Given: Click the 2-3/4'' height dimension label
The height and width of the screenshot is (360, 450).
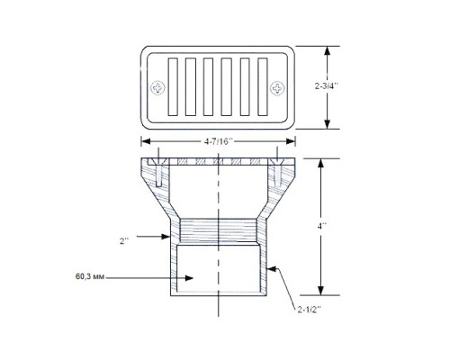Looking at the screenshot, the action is [326, 86].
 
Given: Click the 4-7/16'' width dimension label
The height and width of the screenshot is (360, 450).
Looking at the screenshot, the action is [219, 141].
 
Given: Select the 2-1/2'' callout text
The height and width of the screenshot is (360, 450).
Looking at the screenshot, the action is [310, 310].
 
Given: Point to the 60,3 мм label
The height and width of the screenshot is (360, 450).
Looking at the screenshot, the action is [90, 276].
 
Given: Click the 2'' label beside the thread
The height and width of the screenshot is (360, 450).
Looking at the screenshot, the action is [124, 240].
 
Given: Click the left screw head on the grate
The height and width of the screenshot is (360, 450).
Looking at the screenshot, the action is [157, 88].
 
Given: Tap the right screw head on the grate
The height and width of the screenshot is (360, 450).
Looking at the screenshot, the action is [277, 88].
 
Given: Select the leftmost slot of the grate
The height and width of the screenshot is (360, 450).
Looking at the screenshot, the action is [173, 86].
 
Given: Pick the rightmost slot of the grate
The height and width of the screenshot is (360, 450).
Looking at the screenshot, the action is [263, 86].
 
